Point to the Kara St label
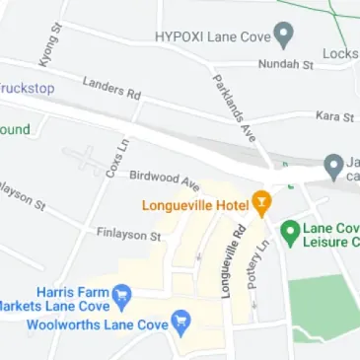(x=334, y=117)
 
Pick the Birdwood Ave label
(x=164, y=179)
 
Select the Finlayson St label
(x=128, y=236)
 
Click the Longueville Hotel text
(x=195, y=205)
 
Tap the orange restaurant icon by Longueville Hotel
(x=261, y=204)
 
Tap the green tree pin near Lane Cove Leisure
(x=290, y=233)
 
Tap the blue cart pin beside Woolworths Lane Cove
(x=180, y=322)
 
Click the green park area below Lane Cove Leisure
(x=325, y=306)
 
